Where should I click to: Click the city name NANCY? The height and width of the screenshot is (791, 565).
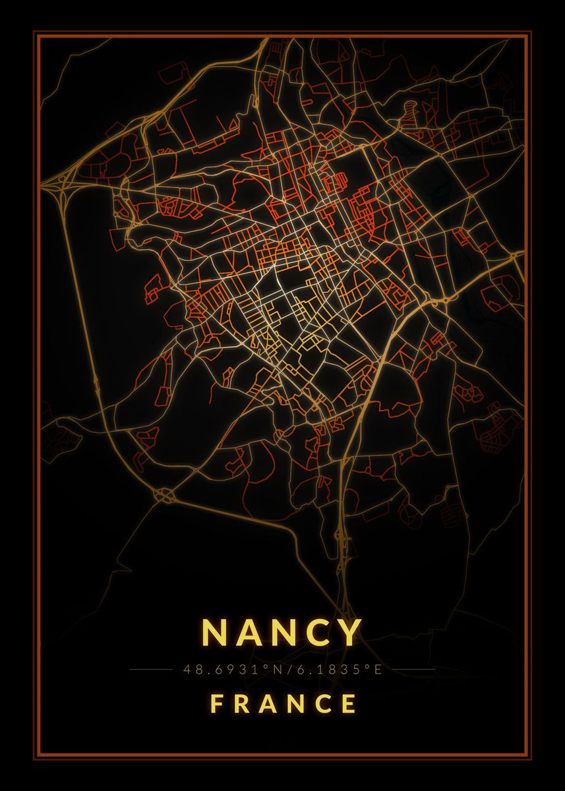pos(282,633)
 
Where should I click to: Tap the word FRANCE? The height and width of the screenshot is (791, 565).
pos(283,704)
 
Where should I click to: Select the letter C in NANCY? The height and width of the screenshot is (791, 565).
pos(316,633)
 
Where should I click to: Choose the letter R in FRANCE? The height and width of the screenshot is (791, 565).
pos(241,704)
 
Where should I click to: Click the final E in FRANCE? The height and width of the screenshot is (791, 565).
pos(349,704)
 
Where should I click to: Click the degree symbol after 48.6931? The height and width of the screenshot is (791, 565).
pos(266,667)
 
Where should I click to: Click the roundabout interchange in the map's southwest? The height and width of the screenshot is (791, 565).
pos(163,493)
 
